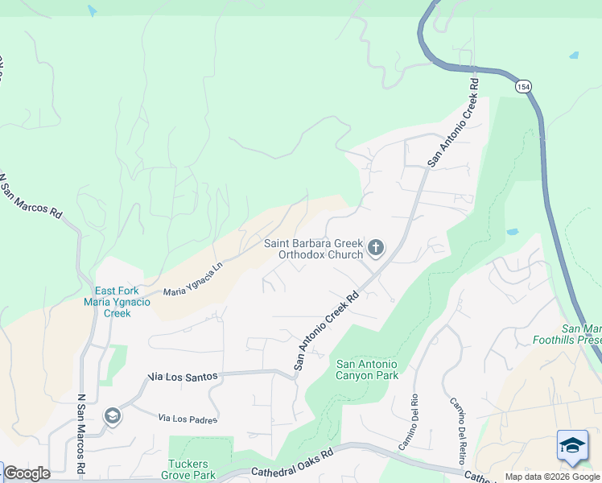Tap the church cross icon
[375, 247]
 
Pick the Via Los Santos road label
[183, 377]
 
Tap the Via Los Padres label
[188, 419]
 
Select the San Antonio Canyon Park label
[367, 370]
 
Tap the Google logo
[26, 473]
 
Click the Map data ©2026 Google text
[552, 477]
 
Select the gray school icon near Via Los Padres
[113, 415]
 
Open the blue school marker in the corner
[572, 446]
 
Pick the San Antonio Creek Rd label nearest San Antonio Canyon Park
[325, 330]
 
